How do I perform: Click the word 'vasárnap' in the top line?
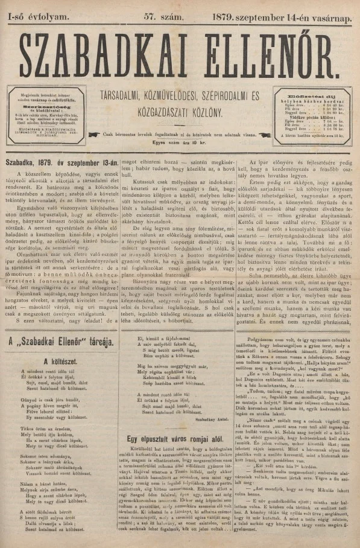[x=333, y=7]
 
